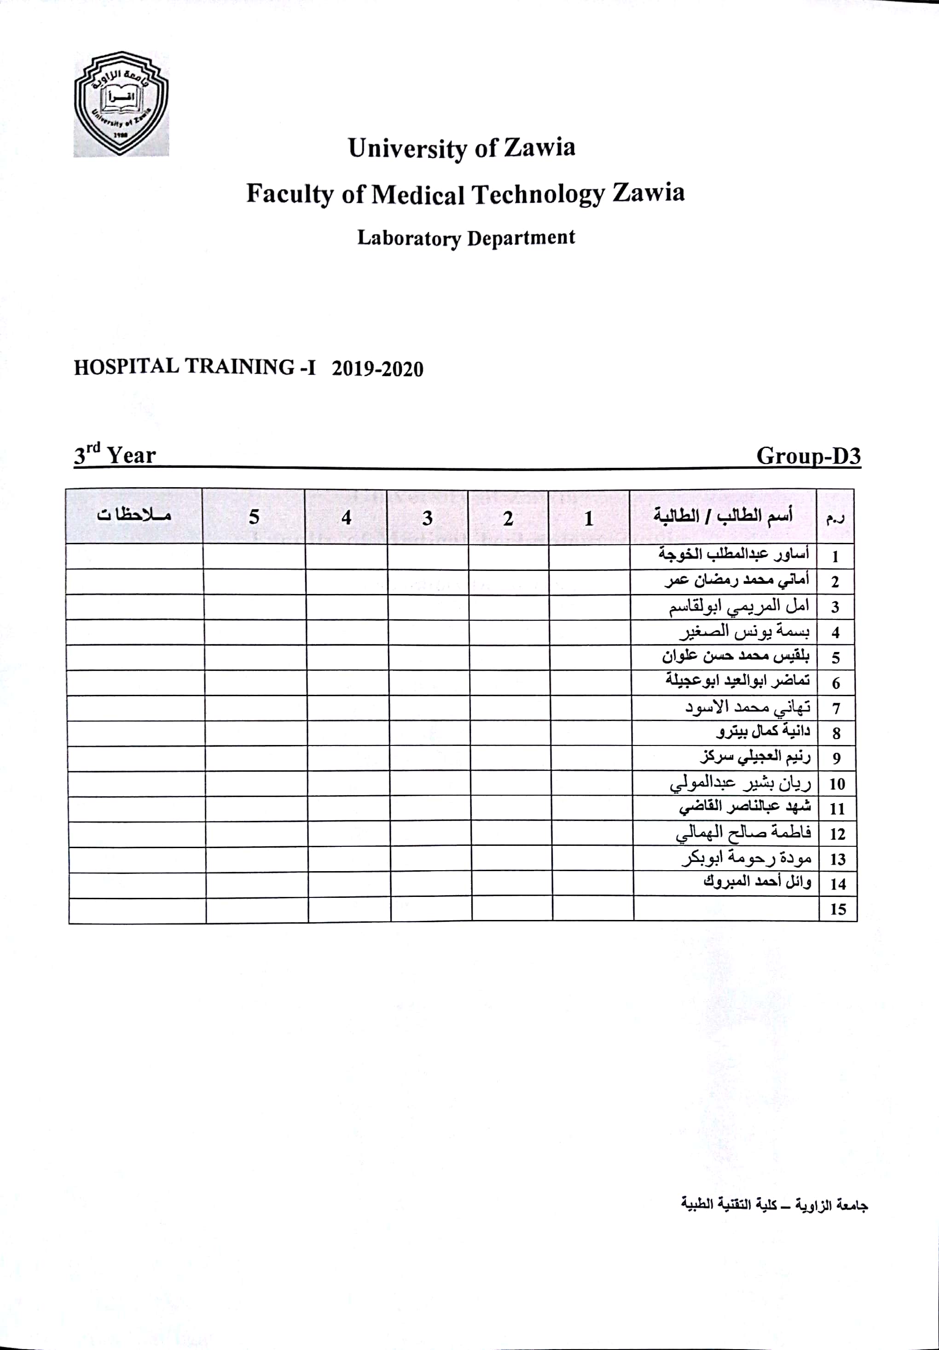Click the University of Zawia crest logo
coord(121,104)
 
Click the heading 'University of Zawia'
coord(462,148)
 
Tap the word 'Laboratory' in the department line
coord(409,238)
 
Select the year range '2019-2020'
coord(377,369)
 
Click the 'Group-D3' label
coord(808,456)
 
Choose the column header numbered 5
coord(254,517)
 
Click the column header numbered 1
coord(589,518)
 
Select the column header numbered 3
coord(428,518)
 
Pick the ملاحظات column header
coord(134,516)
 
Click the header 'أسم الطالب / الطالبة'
coord(723,516)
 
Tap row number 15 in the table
coord(838,910)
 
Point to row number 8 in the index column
coord(836,733)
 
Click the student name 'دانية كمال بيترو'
coord(763,732)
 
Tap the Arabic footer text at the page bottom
coord(774,1206)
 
